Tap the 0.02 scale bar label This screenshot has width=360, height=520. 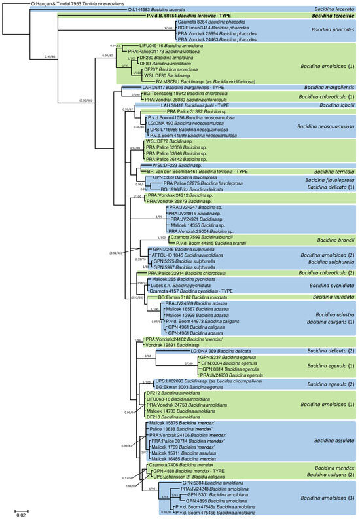click(x=21, y=515)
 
